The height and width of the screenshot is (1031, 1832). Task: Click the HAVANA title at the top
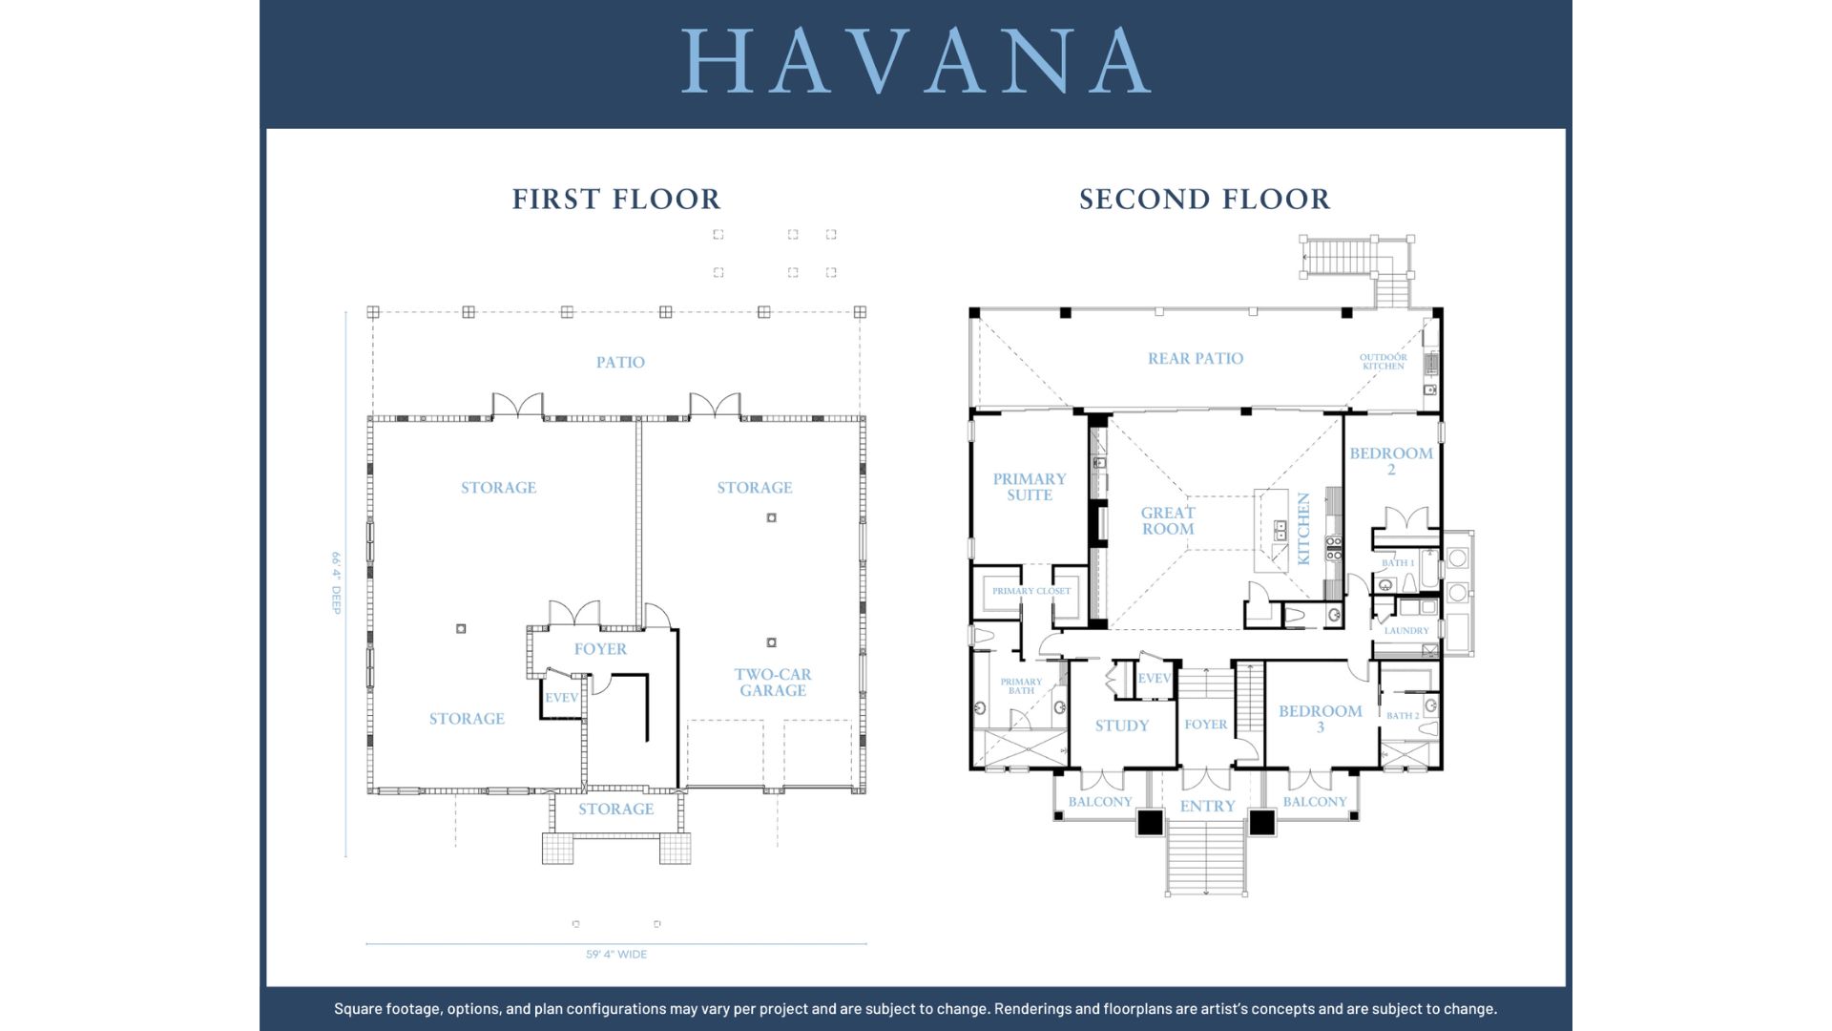pyautogui.click(x=916, y=60)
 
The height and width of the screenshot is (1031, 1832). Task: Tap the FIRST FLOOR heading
pyautogui.click(x=616, y=199)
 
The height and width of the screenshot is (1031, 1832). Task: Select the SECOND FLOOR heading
pyautogui.click(x=1204, y=199)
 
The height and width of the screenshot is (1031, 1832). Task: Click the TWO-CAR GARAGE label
pyautogui.click(x=773, y=682)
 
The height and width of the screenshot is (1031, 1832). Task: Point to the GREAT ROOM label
pyautogui.click(x=1168, y=520)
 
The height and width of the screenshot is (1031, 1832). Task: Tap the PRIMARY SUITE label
pyautogui.click(x=1030, y=487)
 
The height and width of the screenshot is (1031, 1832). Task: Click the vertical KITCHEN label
pyautogui.click(x=1303, y=529)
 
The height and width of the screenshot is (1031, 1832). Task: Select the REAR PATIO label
pyautogui.click(x=1196, y=358)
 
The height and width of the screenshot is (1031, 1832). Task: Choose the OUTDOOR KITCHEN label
pyautogui.click(x=1384, y=362)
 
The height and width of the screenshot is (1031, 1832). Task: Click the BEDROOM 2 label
pyautogui.click(x=1391, y=461)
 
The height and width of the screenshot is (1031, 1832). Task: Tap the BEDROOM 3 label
pyautogui.click(x=1321, y=719)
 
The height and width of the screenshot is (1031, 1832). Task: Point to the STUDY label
pyautogui.click(x=1122, y=726)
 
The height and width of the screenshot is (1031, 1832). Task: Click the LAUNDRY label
pyautogui.click(x=1406, y=630)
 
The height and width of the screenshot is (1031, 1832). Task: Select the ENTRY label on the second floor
pyautogui.click(x=1207, y=806)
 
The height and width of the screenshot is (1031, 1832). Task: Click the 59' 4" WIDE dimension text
pyautogui.click(x=616, y=954)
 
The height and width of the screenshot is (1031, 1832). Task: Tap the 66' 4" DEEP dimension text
pyautogui.click(x=336, y=582)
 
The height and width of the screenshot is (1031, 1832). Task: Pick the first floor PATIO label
pyautogui.click(x=620, y=362)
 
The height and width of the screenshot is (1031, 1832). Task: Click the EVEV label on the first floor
pyautogui.click(x=561, y=698)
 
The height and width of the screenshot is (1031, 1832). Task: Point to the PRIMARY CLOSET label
pyautogui.click(x=1031, y=591)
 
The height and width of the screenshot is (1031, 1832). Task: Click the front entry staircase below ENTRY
pyautogui.click(x=1206, y=856)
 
